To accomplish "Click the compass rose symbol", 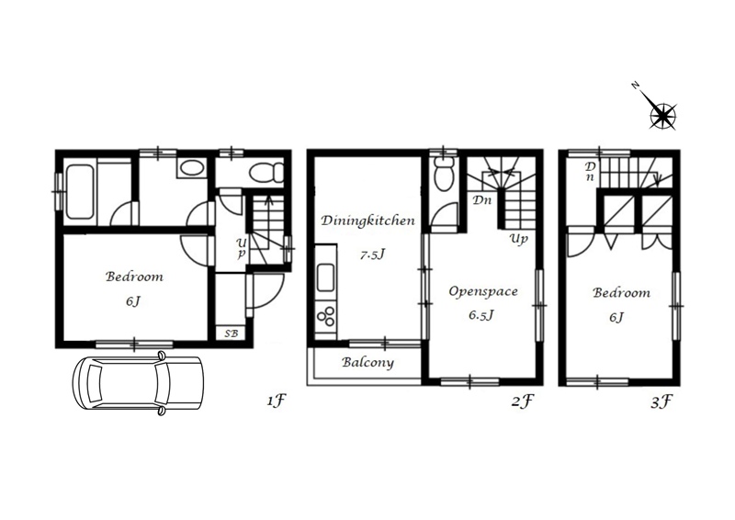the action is [x=662, y=116].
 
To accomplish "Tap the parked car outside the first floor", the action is [x=138, y=383].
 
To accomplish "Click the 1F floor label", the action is [x=277, y=401].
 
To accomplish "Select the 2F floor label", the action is [x=523, y=401].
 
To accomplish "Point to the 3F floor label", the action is [x=661, y=401].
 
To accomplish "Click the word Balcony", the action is [x=368, y=363].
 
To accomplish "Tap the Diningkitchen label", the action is [x=368, y=220].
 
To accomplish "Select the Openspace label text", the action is [x=483, y=291].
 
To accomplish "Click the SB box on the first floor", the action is [x=231, y=333].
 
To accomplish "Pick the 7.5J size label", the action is [x=373, y=255].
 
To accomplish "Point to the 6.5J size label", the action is [x=481, y=315].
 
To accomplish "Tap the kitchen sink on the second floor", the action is [x=326, y=277].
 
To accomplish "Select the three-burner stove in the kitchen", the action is [x=326, y=315].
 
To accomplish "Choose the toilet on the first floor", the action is [x=266, y=173].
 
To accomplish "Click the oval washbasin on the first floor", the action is [x=191, y=168].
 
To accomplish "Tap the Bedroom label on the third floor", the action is [x=622, y=293].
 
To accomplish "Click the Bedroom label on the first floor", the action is [x=134, y=277].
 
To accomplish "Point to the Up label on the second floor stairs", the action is [x=519, y=239].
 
